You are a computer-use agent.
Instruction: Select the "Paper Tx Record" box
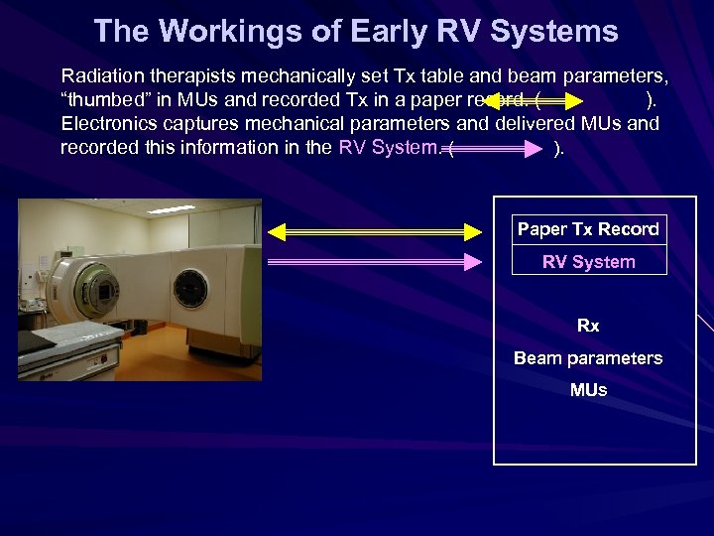[588, 229]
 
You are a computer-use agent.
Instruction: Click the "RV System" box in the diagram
[588, 262]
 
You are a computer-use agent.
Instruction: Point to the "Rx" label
[588, 326]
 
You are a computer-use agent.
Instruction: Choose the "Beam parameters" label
[588, 358]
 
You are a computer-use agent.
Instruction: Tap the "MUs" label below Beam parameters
[588, 390]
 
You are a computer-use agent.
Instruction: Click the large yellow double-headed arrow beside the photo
[374, 232]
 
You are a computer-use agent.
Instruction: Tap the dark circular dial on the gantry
[190, 288]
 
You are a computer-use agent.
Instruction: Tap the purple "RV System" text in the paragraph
[386, 148]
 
